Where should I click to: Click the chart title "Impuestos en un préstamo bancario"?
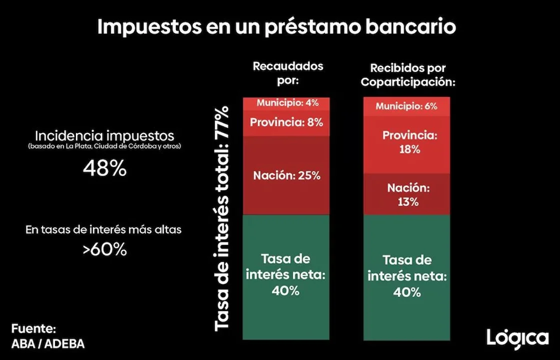276,27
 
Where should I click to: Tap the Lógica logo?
517,338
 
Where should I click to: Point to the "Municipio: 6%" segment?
406,106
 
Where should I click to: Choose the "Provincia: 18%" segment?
406,142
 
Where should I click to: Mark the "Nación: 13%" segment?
406,195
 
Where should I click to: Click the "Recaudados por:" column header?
288,73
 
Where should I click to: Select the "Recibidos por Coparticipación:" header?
408,74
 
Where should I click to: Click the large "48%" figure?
104,169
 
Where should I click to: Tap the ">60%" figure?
104,249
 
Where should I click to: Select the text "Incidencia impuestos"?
104,135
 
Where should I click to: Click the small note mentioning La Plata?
104,147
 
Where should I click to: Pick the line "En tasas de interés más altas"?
103,230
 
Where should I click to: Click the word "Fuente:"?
33,329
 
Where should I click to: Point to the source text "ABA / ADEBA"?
48,344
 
